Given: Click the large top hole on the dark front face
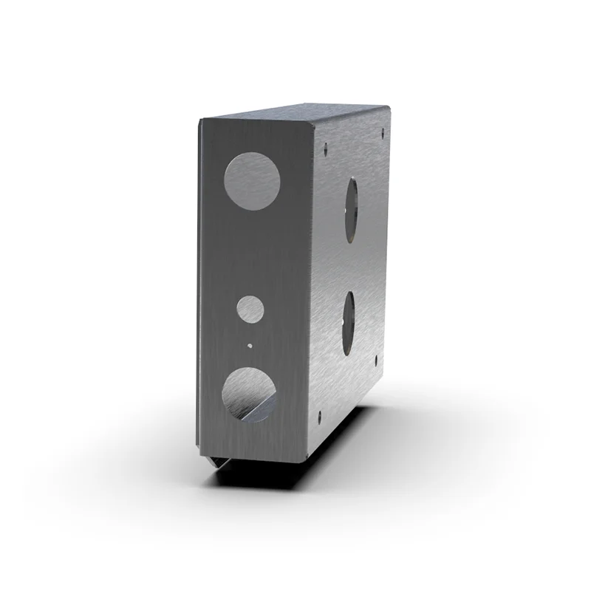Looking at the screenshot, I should pyautogui.click(x=253, y=180).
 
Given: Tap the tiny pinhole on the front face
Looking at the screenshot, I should pyautogui.click(x=250, y=344).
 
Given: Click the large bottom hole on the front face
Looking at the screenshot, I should pyautogui.click(x=250, y=394).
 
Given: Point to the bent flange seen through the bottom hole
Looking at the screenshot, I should pyautogui.click(x=255, y=410).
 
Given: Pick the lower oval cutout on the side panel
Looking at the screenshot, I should pyautogui.click(x=349, y=321).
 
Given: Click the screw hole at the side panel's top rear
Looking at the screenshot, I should pyautogui.click(x=383, y=134).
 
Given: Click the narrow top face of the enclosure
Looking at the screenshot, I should pyautogui.click(x=295, y=115).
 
